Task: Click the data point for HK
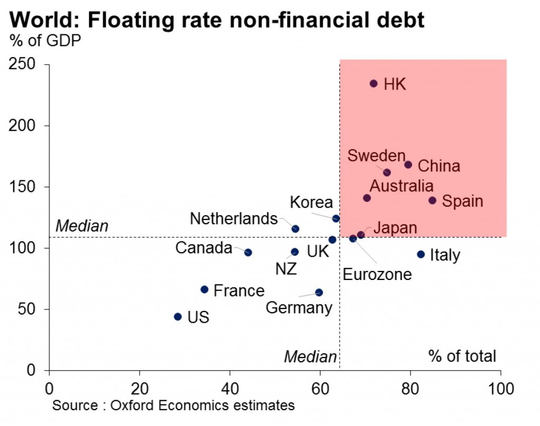[374, 83]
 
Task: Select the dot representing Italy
[421, 254]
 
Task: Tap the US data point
[178, 317]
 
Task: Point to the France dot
[205, 289]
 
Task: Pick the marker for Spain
[432, 200]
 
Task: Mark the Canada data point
[248, 253]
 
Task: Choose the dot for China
[408, 164]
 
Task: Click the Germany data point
[319, 292]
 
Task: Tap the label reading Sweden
[376, 156]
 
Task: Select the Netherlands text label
[234, 218]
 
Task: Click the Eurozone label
[377, 274]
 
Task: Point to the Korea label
[311, 202]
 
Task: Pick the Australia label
[401, 186]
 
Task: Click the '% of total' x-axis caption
[462, 356]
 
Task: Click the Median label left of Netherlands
[82, 226]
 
